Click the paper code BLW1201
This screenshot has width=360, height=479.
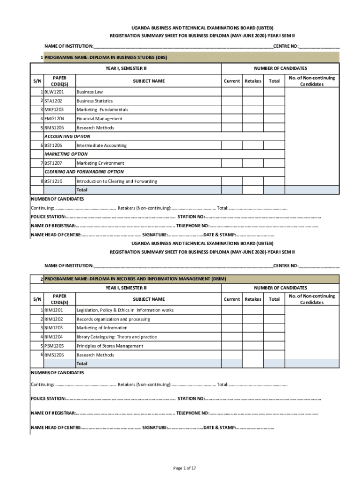click(54, 92)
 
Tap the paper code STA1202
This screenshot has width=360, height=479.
click(54, 101)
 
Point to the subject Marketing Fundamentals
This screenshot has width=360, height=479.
click(102, 110)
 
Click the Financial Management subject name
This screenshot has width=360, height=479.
click(100, 119)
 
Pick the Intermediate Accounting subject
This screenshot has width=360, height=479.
click(101, 145)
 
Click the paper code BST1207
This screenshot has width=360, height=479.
click(54, 163)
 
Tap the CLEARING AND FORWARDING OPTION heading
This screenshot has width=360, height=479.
click(84, 172)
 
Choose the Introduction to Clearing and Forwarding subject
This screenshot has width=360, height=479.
click(116, 181)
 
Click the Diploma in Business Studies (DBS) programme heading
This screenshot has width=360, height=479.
click(106, 58)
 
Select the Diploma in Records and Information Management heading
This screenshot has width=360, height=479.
click(135, 279)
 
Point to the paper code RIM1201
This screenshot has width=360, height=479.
click(54, 310)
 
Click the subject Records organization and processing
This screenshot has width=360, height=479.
click(113, 319)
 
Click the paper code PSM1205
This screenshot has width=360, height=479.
click(54, 346)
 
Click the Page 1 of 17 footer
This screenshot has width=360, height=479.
click(184, 468)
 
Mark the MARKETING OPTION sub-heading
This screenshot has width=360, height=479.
click(66, 154)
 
